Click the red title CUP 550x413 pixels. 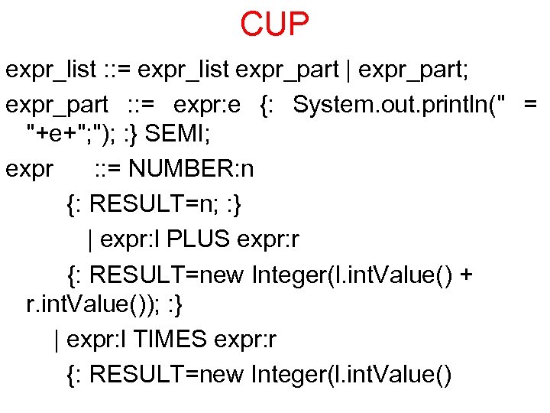(275, 24)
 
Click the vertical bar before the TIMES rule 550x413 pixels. (57, 339)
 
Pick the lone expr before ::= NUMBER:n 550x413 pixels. (29, 169)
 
